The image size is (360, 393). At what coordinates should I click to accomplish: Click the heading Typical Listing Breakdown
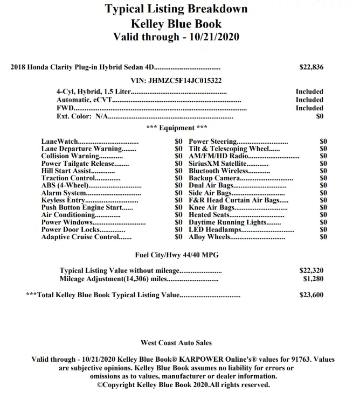coord(176,9)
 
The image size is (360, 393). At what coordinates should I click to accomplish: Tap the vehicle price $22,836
coord(311,68)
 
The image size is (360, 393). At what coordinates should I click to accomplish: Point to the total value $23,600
coord(311,295)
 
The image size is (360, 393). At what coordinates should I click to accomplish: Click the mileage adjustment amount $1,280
coord(313,279)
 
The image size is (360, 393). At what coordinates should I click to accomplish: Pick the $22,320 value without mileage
coord(311,271)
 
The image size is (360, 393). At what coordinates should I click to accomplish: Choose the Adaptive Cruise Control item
coord(79,237)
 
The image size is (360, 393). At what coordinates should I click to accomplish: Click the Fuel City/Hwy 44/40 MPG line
coord(176,255)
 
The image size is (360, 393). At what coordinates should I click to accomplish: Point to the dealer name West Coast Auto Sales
coord(176,343)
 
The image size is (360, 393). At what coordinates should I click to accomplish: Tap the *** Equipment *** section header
coord(176,128)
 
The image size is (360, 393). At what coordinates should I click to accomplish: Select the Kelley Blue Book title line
coord(176,24)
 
